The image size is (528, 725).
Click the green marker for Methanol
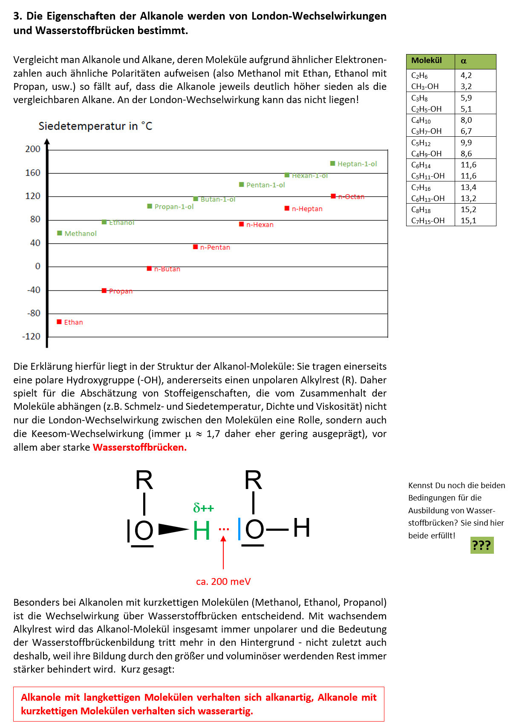(x=60, y=233)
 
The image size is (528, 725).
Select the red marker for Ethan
(x=59, y=322)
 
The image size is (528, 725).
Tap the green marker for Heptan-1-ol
(x=332, y=164)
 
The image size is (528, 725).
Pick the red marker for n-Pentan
(x=196, y=247)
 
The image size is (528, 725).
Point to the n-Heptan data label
(x=307, y=209)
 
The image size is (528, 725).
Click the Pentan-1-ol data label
(x=265, y=185)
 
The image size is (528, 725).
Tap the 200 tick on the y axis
(x=33, y=149)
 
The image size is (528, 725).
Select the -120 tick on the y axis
(x=32, y=337)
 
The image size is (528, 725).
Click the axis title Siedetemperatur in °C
(x=95, y=126)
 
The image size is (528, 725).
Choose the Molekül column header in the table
(x=427, y=60)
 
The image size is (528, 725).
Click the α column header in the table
(x=464, y=61)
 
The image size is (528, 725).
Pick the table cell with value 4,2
(x=466, y=75)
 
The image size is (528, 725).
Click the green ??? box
(x=482, y=545)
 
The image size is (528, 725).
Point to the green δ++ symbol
(x=203, y=508)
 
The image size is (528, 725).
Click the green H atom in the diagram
(x=202, y=530)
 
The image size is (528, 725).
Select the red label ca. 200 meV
(x=223, y=581)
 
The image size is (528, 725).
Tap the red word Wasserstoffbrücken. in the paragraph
(x=140, y=447)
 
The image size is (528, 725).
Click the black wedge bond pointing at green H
(x=173, y=529)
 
